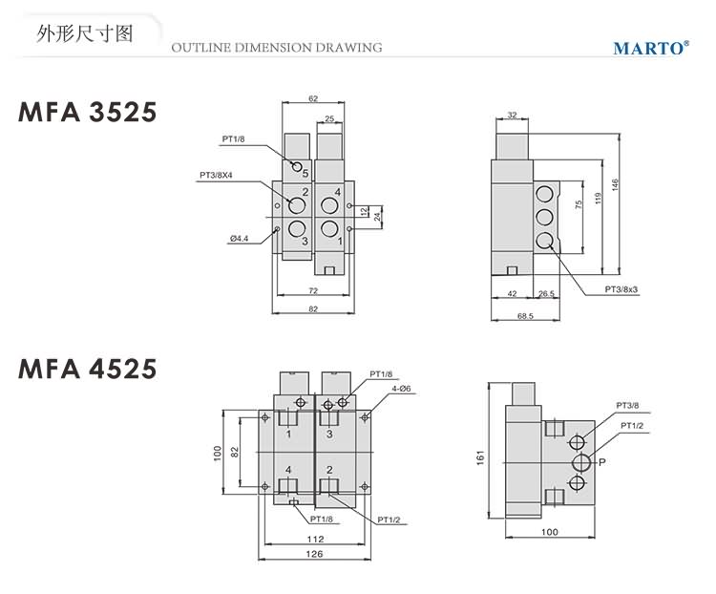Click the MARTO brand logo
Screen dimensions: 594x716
pyautogui.click(x=650, y=46)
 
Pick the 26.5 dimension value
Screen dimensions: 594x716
pyautogui.click(x=546, y=295)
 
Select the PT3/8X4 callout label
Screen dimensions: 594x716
pyautogui.click(x=217, y=175)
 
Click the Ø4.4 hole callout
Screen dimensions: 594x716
pyautogui.click(x=239, y=239)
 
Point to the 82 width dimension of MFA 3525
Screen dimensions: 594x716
pyautogui.click(x=313, y=309)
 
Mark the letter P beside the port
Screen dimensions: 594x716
pyautogui.click(x=602, y=463)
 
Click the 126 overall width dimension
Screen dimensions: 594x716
pyautogui.click(x=313, y=553)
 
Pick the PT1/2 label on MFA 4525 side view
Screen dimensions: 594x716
pyautogui.click(x=631, y=425)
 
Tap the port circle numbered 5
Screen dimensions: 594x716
pyautogui.click(x=297, y=168)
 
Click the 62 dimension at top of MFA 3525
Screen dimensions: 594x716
pyautogui.click(x=313, y=99)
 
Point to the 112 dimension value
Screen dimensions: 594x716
pyautogui.click(x=315, y=539)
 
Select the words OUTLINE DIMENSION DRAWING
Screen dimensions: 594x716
pyautogui.click(x=276, y=47)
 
